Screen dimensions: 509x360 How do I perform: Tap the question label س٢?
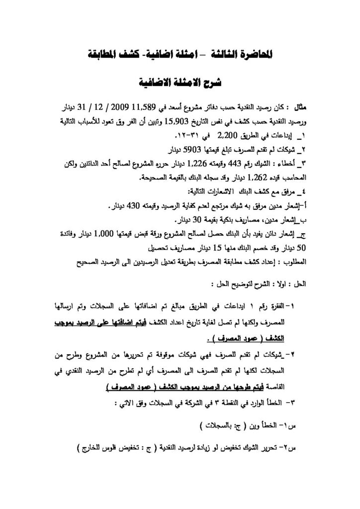click(287, 450)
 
